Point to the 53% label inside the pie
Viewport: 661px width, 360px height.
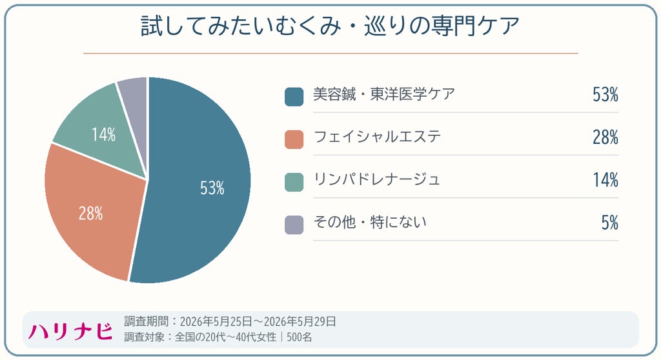212,188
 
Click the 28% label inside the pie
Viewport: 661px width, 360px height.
90,214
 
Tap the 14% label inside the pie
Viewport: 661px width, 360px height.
104,134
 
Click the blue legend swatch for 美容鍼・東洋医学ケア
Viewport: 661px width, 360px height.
294,97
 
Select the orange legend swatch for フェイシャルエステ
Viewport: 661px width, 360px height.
294,139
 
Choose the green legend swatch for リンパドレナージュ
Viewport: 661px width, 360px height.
294,182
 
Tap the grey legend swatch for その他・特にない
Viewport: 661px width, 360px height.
294,225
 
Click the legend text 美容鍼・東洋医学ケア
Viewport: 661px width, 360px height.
384,94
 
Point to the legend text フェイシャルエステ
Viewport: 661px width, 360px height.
377,137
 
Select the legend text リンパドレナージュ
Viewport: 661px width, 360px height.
377,179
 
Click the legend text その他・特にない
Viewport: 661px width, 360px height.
370,222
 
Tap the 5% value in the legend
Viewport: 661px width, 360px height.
610,223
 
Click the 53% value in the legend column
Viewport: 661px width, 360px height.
605,94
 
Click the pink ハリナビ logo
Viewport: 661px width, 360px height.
70,332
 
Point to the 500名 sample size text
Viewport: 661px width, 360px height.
300,337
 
